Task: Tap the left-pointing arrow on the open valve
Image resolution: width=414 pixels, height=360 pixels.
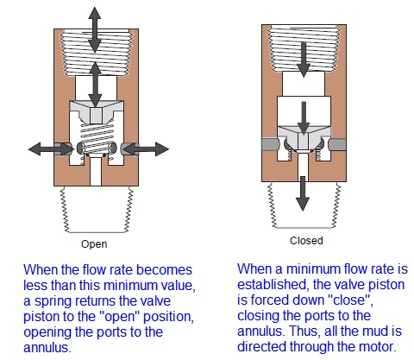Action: tap(48, 148)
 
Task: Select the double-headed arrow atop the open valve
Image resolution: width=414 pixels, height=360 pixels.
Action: tap(95, 27)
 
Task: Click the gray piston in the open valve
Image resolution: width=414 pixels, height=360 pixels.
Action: tap(96, 112)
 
